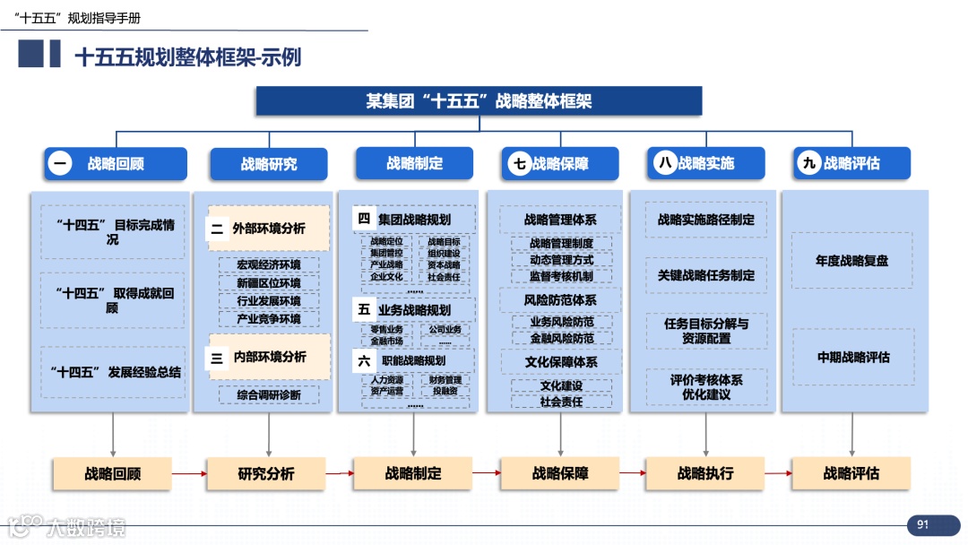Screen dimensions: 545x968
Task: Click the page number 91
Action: tap(922, 524)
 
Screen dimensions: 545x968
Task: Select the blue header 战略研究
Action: tap(269, 164)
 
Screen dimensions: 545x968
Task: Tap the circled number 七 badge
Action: tap(520, 164)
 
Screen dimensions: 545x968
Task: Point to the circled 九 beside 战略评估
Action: tap(810, 163)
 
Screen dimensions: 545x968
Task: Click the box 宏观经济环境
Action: tap(269, 265)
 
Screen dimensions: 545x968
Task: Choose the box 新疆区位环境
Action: tap(269, 283)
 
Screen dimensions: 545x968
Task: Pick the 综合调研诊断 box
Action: tap(269, 394)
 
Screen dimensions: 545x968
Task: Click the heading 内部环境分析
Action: tap(270, 357)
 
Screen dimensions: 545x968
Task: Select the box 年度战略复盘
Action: tap(851, 261)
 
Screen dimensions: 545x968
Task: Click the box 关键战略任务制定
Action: tap(706, 275)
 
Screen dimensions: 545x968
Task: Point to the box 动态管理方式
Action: tap(561, 260)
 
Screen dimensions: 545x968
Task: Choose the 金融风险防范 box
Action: tap(561, 338)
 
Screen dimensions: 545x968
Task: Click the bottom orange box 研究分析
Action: tap(266, 473)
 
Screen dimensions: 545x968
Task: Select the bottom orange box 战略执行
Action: tap(705, 473)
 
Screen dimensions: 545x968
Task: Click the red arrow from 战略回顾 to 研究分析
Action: tap(188, 473)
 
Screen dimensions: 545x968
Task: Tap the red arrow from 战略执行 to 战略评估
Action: tap(777, 473)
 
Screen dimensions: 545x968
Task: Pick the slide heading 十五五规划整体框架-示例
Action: tap(188, 57)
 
